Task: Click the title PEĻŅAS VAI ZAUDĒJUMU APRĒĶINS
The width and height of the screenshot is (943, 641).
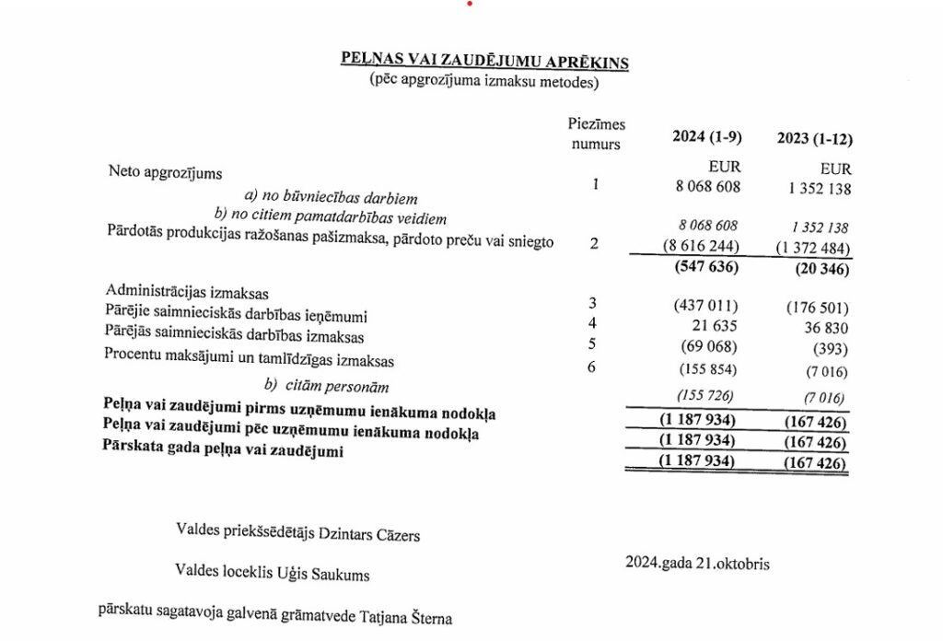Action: click(485, 61)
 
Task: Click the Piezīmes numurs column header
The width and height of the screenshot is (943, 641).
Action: click(596, 134)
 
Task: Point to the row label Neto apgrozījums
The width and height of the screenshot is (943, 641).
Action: click(166, 171)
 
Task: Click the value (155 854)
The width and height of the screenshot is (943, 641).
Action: click(706, 371)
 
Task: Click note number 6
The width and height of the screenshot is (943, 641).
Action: click(593, 367)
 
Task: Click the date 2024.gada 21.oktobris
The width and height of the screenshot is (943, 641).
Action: click(697, 562)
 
